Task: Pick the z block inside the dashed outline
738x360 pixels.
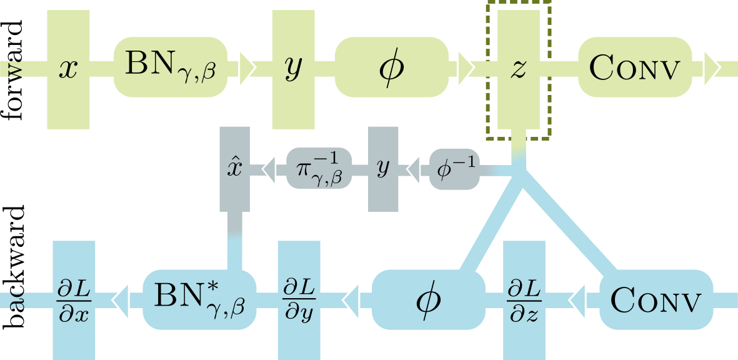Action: tap(518, 69)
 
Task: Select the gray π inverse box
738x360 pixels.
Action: tap(319, 167)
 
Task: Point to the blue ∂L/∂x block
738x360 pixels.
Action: tap(74, 299)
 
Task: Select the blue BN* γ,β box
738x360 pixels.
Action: tap(200, 299)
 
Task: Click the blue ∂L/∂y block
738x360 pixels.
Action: tap(299, 299)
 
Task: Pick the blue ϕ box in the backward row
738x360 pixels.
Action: tap(429, 299)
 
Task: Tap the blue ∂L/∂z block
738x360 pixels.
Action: tap(524, 299)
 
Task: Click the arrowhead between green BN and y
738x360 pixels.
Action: tap(247, 66)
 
